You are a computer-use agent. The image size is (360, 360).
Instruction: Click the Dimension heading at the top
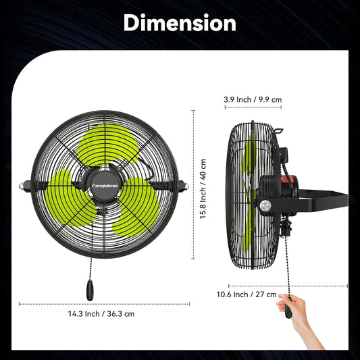tap(180, 23)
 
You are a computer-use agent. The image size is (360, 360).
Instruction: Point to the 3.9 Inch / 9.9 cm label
tap(253, 99)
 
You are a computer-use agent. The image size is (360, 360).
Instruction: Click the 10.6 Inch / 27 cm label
tap(247, 294)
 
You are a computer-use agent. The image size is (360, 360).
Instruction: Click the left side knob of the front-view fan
tap(24, 184)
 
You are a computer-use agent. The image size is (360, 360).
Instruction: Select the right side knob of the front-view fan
tap(184, 184)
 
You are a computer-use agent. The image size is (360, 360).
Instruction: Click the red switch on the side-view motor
tap(287, 181)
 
